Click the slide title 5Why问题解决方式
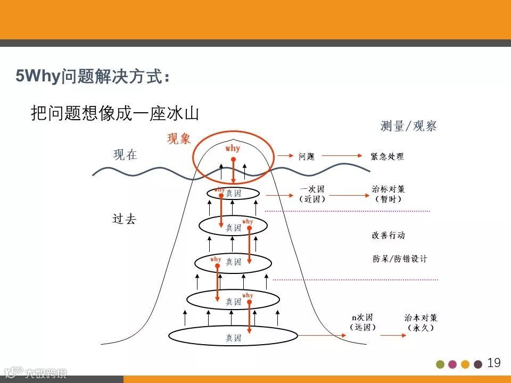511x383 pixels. [93, 77]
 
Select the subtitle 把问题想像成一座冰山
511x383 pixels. [115, 113]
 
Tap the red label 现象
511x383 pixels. [179, 139]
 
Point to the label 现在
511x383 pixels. [126, 155]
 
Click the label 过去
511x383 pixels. [125, 219]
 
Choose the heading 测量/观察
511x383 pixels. [408, 126]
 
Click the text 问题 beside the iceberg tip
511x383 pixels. [307, 156]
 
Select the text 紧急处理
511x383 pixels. [387, 156]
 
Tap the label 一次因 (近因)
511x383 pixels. [312, 194]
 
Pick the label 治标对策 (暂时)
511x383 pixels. [388, 194]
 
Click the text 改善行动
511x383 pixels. [388, 235]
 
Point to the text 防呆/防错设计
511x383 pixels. [399, 259]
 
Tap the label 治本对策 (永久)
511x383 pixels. [421, 322]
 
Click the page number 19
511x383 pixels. [494, 363]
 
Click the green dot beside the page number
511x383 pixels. [440, 364]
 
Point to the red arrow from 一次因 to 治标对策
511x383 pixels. [349, 195]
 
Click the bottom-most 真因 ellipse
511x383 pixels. [233, 336]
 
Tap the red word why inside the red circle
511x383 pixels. [233, 148]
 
